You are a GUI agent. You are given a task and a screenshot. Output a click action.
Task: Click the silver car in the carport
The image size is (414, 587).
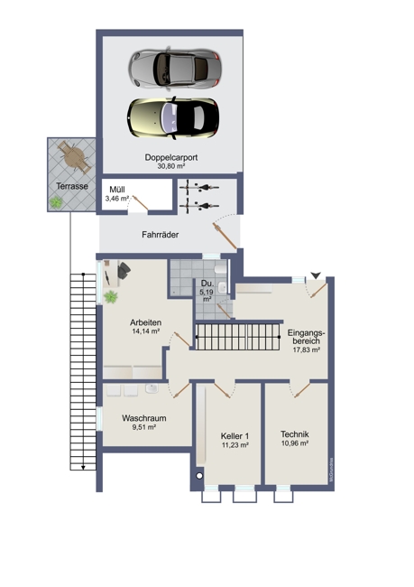(x=173, y=68)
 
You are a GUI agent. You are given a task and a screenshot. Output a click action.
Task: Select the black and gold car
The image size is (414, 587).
(x=172, y=115)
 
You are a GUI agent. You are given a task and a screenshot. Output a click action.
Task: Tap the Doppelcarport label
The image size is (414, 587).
(x=170, y=157)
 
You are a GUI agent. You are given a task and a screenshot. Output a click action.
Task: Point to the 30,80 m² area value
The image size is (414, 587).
(x=170, y=167)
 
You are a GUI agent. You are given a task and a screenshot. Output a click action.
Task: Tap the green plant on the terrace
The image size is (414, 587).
(x=58, y=203)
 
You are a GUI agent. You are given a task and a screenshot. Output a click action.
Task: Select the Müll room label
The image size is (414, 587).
(x=117, y=189)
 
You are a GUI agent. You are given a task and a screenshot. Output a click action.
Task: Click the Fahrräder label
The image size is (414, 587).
(x=159, y=235)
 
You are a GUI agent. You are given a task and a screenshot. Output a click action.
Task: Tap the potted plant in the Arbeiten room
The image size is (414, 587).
(x=111, y=297)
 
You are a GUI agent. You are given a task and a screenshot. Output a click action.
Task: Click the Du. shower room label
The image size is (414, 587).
(x=206, y=284)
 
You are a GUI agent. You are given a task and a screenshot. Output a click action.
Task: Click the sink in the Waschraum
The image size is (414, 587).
(x=152, y=388)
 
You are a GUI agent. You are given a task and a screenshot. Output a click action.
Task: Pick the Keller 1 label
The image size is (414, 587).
(x=235, y=436)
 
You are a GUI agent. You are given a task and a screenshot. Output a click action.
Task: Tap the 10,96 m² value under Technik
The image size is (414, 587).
(x=294, y=443)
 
